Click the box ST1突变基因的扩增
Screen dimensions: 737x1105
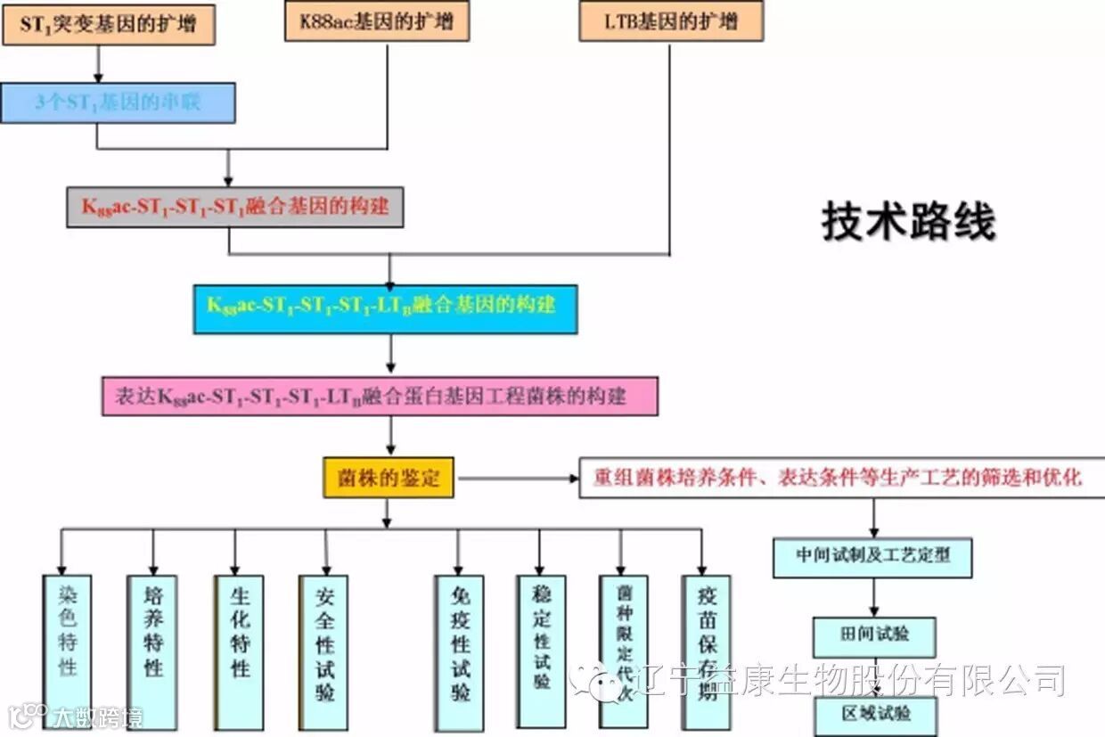(x=109, y=25)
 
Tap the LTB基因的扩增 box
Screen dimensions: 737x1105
(x=670, y=22)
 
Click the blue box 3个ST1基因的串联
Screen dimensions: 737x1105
(x=118, y=102)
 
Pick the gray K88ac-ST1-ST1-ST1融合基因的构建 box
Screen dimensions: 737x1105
(x=235, y=207)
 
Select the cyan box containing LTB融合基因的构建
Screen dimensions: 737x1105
(x=385, y=308)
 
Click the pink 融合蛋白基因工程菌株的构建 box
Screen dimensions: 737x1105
(x=380, y=397)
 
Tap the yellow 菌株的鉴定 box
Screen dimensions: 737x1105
(x=388, y=479)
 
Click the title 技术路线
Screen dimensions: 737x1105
(x=908, y=222)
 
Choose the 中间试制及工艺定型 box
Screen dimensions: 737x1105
(x=872, y=556)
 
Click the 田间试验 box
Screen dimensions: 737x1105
(x=874, y=635)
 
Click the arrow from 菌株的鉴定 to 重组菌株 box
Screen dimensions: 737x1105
(x=517, y=479)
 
